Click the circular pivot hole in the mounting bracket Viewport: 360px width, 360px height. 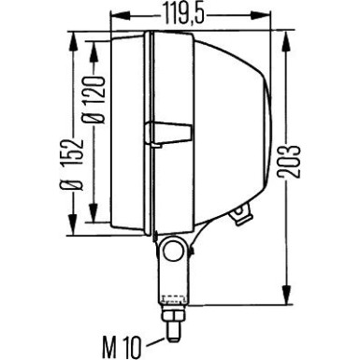(x=171, y=251)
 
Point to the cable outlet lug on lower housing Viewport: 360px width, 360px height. (x=241, y=214)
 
